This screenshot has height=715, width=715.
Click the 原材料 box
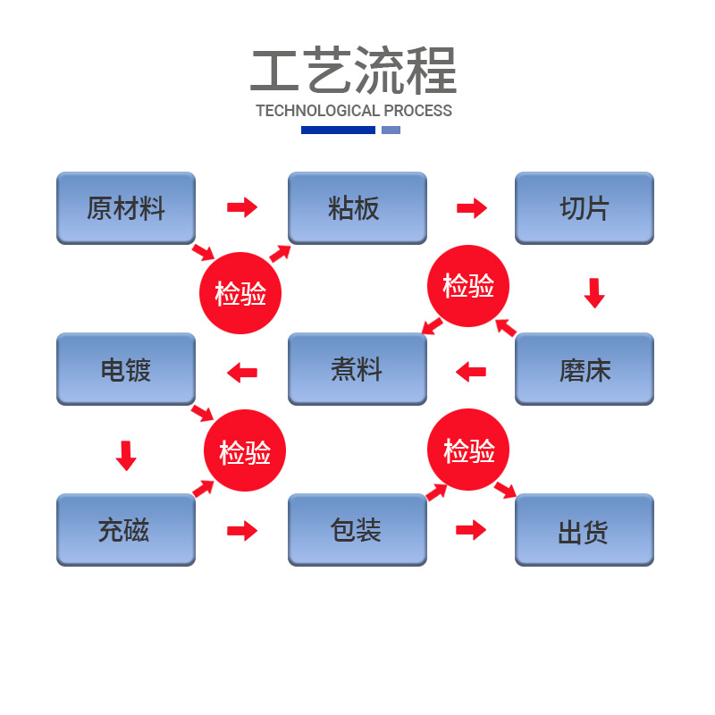click(x=126, y=208)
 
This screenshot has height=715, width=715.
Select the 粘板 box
click(x=357, y=208)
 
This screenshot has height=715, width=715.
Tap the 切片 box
click(x=585, y=208)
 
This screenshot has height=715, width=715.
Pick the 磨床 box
click(x=585, y=369)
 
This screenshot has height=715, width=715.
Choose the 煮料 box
click(x=357, y=369)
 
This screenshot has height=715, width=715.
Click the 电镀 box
click(x=126, y=369)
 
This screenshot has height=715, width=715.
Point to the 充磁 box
click(x=126, y=530)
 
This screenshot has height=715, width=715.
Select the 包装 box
click(x=357, y=530)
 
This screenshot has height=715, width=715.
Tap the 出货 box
click(x=585, y=530)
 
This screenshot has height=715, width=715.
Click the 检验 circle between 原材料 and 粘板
click(x=240, y=293)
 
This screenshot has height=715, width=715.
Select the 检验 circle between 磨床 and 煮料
click(x=469, y=286)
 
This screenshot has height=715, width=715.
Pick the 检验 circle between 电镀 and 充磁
click(x=245, y=451)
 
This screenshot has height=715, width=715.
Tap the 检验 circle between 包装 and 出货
click(x=469, y=450)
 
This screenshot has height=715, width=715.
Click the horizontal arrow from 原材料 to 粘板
click(x=241, y=208)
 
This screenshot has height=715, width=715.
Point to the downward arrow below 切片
click(x=594, y=293)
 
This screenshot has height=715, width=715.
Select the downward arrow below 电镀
click(x=126, y=455)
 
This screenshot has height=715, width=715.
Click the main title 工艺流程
click(x=354, y=71)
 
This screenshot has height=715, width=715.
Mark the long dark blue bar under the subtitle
click(x=338, y=130)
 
